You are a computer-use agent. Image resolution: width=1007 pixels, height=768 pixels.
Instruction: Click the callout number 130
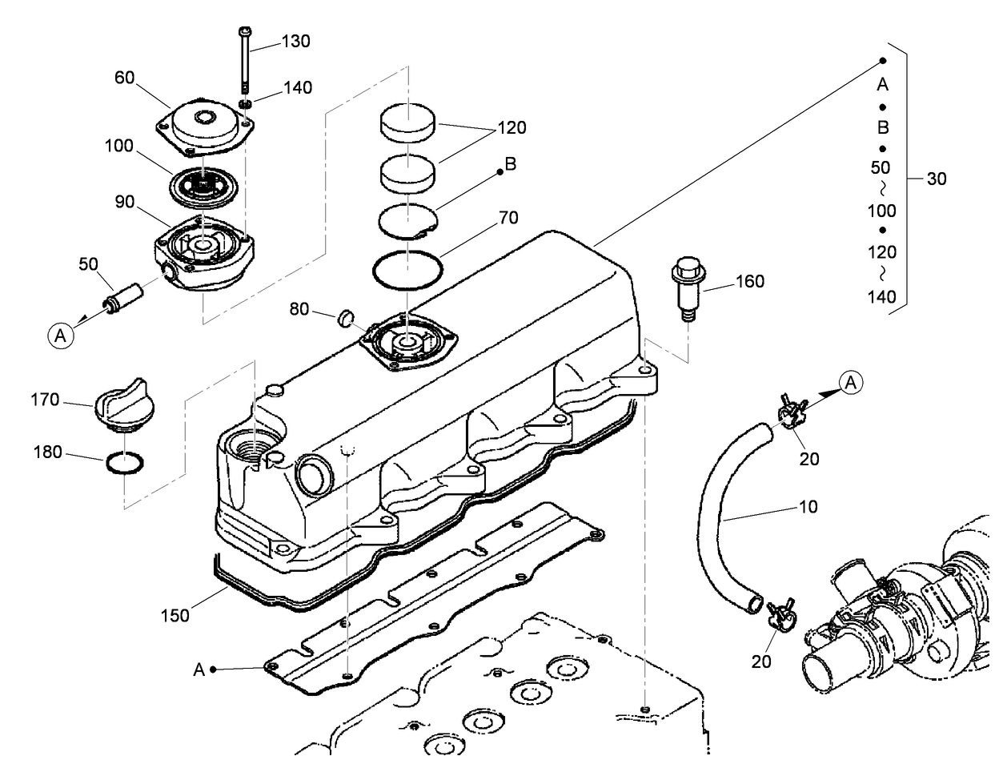pyautogui.click(x=295, y=42)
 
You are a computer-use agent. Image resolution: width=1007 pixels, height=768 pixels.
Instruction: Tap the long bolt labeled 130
pyautogui.click(x=245, y=60)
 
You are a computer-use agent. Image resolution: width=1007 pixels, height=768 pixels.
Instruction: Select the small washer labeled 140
pyautogui.click(x=245, y=105)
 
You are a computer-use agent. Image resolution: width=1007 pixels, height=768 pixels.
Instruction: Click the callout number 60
pyautogui.click(x=124, y=78)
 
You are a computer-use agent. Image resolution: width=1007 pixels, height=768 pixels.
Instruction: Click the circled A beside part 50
pyautogui.click(x=62, y=336)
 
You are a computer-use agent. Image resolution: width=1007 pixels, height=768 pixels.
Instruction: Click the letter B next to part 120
pyautogui.click(x=510, y=164)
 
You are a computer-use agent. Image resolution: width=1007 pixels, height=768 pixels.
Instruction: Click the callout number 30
pyautogui.click(x=936, y=179)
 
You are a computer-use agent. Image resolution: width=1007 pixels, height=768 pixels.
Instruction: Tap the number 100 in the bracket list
pyautogui.click(x=881, y=211)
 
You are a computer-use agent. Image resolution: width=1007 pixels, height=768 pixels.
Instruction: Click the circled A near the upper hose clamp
pyautogui.click(x=851, y=384)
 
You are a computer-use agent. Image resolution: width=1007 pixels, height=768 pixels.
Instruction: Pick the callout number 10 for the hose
pyautogui.click(x=808, y=507)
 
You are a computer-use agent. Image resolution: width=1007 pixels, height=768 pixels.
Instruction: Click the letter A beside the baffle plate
pyautogui.click(x=199, y=669)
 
